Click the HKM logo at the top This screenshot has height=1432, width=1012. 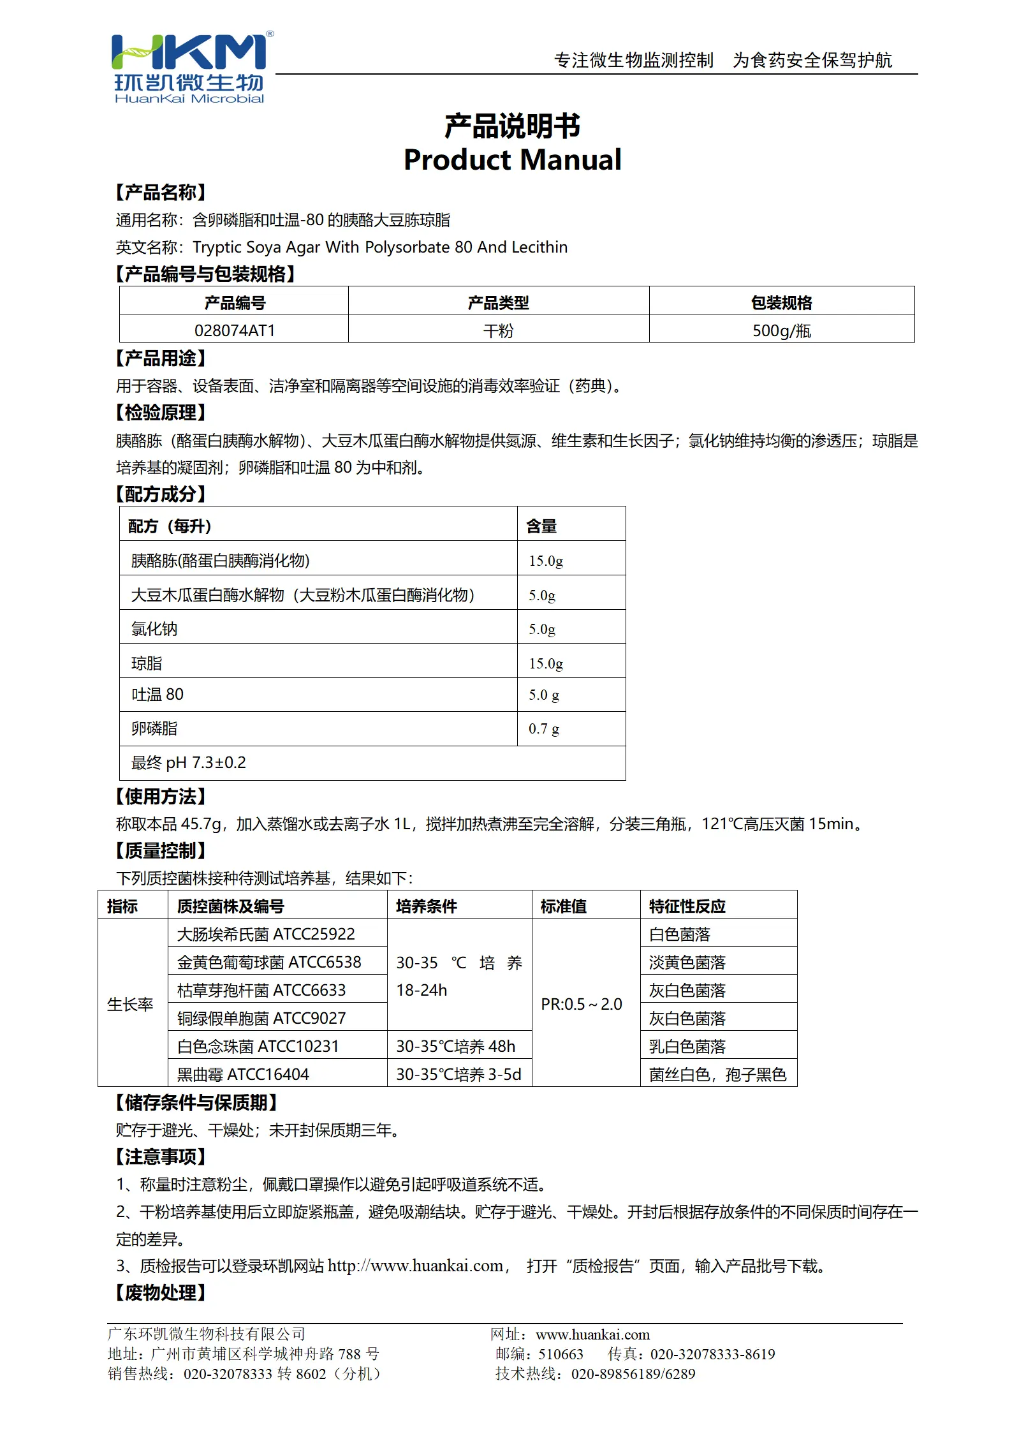tap(189, 67)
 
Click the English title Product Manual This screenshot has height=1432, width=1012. tap(512, 159)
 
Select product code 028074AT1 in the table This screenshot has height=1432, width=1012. tap(234, 330)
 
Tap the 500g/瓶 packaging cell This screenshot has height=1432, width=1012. tap(781, 330)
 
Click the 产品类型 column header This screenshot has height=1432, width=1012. tap(498, 302)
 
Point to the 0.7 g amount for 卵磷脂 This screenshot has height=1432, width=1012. tap(544, 728)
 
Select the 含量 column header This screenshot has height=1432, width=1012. tap(541, 526)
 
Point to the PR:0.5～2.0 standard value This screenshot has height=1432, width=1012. tap(582, 1004)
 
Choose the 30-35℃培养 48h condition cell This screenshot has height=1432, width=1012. tap(456, 1046)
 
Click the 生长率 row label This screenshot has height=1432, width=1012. tap(131, 1004)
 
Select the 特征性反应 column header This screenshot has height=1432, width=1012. tap(687, 906)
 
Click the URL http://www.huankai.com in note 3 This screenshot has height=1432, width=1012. tap(416, 1266)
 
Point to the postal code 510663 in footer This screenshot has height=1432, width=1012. tap(561, 1354)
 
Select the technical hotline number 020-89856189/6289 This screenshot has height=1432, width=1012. tap(633, 1374)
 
